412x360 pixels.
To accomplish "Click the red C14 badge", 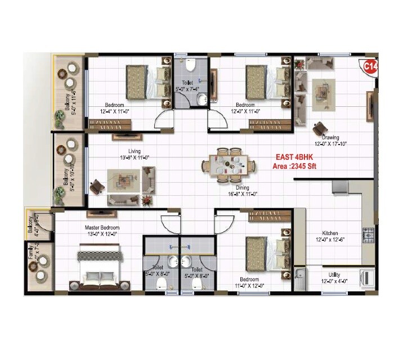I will click(370, 66).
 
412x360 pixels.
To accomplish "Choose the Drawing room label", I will click(330, 137).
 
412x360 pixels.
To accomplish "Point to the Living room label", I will click(134, 151).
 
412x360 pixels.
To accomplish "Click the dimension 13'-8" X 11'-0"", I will click(134, 158).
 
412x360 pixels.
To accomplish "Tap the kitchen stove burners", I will click(369, 235).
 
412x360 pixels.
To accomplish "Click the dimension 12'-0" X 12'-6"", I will click(330, 240).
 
